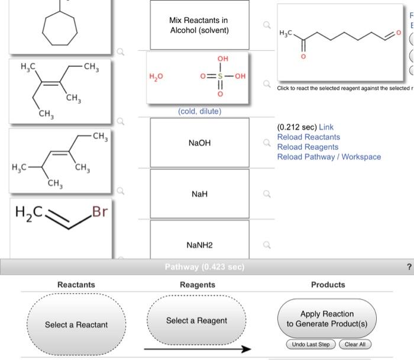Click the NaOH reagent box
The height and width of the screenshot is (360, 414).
[199, 143]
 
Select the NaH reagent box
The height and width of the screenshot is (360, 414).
[199, 194]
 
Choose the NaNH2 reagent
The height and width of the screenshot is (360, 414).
[199, 245]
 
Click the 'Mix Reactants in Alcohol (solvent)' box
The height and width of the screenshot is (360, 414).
[199, 25]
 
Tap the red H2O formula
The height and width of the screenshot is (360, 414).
[156, 77]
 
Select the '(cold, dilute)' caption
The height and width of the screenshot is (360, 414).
[199, 111]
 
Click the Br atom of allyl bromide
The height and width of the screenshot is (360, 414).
[99, 211]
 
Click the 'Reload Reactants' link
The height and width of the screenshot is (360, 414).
[309, 137]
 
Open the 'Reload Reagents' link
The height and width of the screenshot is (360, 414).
[308, 147]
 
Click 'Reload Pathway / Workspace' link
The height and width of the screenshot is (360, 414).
[329, 157]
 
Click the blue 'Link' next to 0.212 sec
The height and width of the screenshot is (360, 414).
[326, 127]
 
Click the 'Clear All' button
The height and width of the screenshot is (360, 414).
[355, 344]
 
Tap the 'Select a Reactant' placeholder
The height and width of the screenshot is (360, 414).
[76, 324]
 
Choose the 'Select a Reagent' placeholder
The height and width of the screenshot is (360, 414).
[196, 320]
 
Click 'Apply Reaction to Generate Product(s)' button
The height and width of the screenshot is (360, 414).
[326, 319]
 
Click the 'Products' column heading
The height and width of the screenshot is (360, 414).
[328, 285]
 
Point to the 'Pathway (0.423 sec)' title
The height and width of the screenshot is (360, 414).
[204, 267]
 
